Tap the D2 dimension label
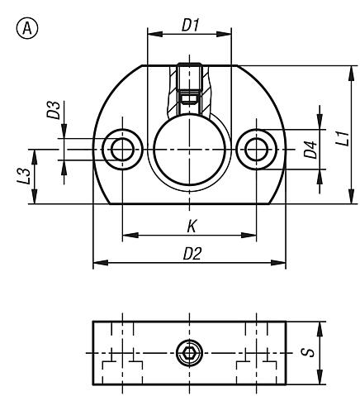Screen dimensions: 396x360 [x=192, y=254]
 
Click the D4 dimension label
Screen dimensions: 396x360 [x=310, y=150]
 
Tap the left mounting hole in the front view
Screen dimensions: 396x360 [x=122, y=149]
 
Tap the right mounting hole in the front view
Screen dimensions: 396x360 [x=256, y=149]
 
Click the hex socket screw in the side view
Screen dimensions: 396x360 [x=189, y=355]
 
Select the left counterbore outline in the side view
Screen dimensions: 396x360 [x=122, y=365]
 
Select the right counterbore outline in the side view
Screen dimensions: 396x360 [x=256, y=365]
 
